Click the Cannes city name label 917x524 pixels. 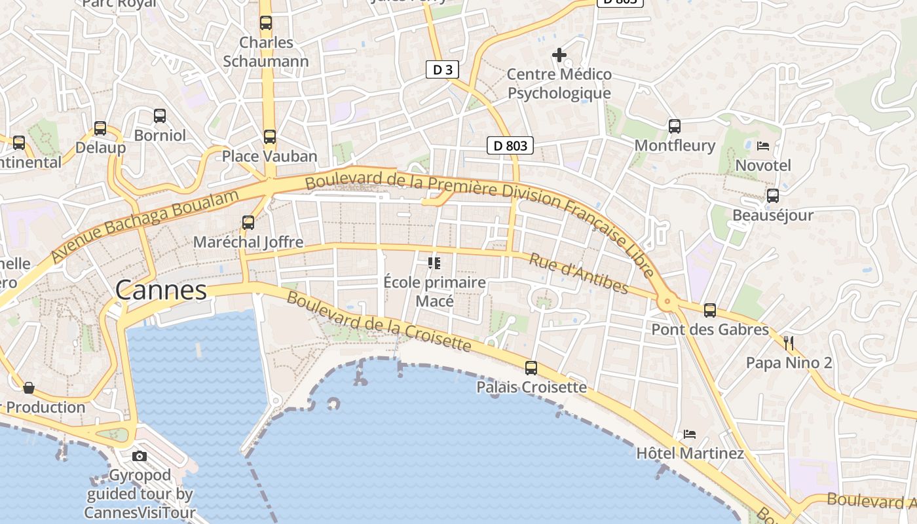(x=161, y=290)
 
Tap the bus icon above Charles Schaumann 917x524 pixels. (x=266, y=23)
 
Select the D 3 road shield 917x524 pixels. (x=442, y=69)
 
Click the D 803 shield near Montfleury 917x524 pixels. (x=510, y=145)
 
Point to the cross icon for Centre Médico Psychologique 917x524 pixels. (x=559, y=55)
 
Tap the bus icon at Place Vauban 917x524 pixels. (x=270, y=137)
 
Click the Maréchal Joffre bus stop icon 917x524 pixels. (x=248, y=223)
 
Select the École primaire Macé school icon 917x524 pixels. (x=434, y=263)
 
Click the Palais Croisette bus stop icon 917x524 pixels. (x=531, y=368)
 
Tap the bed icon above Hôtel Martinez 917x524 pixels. (x=690, y=434)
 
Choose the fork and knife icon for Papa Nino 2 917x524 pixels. (x=789, y=343)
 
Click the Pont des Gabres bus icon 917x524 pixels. (x=710, y=310)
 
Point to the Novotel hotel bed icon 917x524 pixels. (x=763, y=145)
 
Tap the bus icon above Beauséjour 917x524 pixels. (x=773, y=195)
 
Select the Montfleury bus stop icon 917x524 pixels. (x=675, y=126)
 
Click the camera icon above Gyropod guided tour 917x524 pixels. (x=140, y=456)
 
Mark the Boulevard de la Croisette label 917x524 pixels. (x=379, y=321)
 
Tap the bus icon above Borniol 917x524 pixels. (x=160, y=116)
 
